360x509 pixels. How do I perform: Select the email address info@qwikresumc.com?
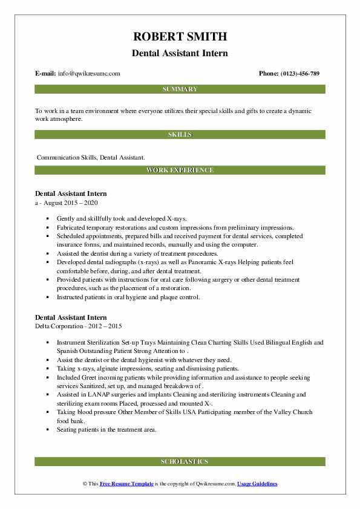coord(89,74)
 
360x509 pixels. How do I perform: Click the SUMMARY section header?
coord(180,89)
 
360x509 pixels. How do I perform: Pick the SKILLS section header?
coord(180,134)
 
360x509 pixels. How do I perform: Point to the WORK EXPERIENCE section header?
coord(180,170)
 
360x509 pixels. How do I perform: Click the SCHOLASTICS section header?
coord(180,462)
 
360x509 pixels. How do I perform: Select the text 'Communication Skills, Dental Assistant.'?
coord(91,157)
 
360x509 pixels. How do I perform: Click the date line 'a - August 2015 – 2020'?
coord(67,203)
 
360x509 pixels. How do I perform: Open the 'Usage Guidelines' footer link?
coord(257,484)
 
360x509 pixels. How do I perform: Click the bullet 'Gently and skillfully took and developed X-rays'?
coord(122,218)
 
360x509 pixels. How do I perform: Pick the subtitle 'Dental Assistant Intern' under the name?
coord(180,53)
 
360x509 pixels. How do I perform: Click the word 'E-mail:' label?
coord(46,74)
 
